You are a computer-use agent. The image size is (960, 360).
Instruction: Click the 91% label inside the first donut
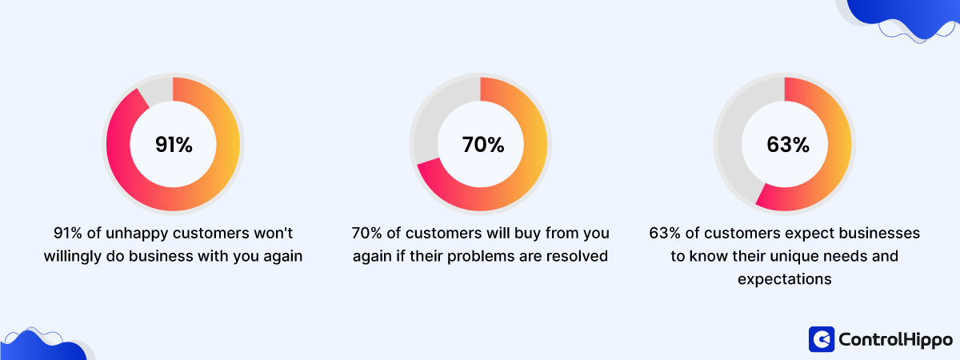[x=174, y=145]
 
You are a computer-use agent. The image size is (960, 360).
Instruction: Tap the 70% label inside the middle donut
[x=482, y=145]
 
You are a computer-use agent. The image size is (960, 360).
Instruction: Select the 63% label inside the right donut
[x=788, y=145]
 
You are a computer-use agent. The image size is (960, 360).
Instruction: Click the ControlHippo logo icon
[x=821, y=339]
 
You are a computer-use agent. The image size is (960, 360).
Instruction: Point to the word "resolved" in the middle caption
[x=582, y=257]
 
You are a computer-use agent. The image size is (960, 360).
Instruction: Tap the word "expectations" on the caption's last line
[x=784, y=279]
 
